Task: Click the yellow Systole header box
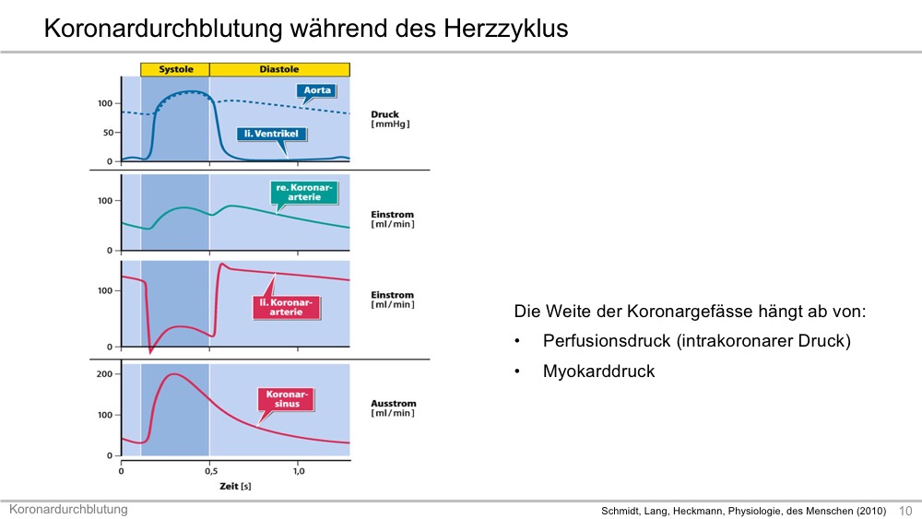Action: pyautogui.click(x=175, y=69)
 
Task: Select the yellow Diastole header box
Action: pyautogui.click(x=280, y=69)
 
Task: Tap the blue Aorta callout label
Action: pyautogui.click(x=317, y=90)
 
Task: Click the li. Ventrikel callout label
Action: pyautogui.click(x=272, y=134)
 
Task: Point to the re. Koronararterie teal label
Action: pyautogui.click(x=304, y=192)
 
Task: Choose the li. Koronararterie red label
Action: pyautogui.click(x=287, y=307)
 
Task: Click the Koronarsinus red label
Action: pyautogui.click(x=287, y=399)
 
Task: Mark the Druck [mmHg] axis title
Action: pyautogui.click(x=390, y=119)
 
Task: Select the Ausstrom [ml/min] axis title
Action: pyautogui.click(x=393, y=407)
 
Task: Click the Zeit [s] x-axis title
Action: pyautogui.click(x=235, y=486)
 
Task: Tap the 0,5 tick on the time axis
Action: pyautogui.click(x=211, y=471)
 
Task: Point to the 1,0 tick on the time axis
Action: pyautogui.click(x=299, y=471)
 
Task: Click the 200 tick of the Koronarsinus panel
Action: pyautogui.click(x=104, y=374)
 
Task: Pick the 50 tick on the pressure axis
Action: pyautogui.click(x=108, y=132)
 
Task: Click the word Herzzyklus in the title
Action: pyautogui.click(x=505, y=29)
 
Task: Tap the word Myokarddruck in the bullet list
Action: pyautogui.click(x=598, y=372)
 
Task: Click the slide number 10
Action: pyautogui.click(x=905, y=511)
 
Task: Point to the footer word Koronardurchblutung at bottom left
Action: pyautogui.click(x=68, y=509)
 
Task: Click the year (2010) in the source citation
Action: pyautogui.click(x=870, y=511)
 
